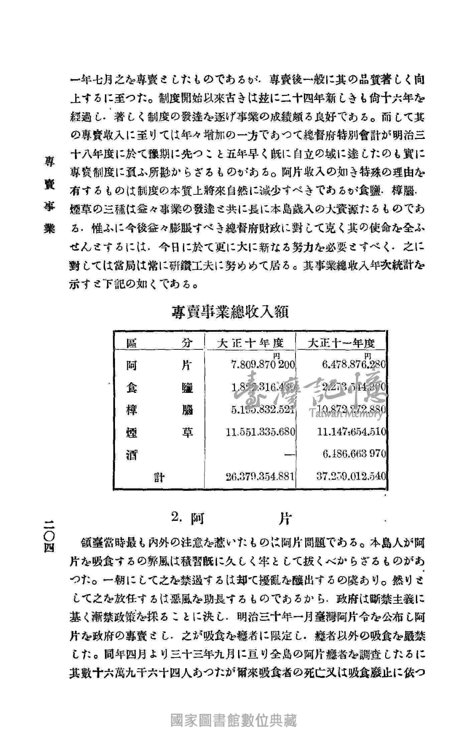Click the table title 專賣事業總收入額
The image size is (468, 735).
pos(230,312)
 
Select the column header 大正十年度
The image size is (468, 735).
pos(250,343)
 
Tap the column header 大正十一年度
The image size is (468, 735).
pos(341,343)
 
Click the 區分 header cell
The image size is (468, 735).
pos(159,343)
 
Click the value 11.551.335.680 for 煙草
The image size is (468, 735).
pos(260,432)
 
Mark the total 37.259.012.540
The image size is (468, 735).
pos(351,476)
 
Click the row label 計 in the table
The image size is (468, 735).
pos(159,478)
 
